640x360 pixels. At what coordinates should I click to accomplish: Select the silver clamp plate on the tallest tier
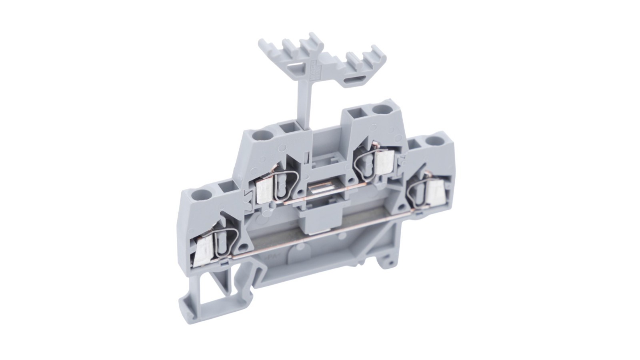point(384,161)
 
